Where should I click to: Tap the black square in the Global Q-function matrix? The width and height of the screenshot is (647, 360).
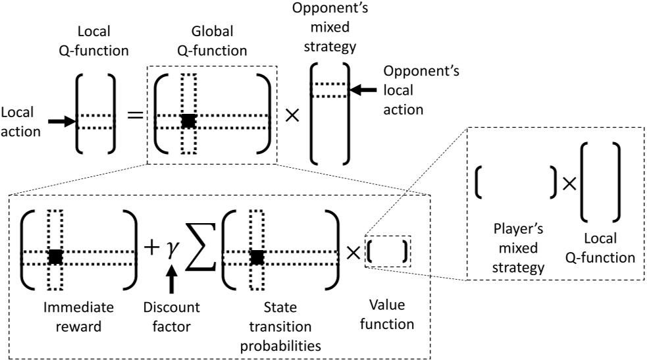[x=189, y=120]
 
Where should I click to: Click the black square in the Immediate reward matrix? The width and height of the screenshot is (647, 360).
[x=55, y=257]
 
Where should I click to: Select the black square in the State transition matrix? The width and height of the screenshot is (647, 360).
[x=257, y=257]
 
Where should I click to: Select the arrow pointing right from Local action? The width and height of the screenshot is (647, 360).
[x=62, y=121]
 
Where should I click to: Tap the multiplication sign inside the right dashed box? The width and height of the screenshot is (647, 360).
[x=568, y=185]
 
